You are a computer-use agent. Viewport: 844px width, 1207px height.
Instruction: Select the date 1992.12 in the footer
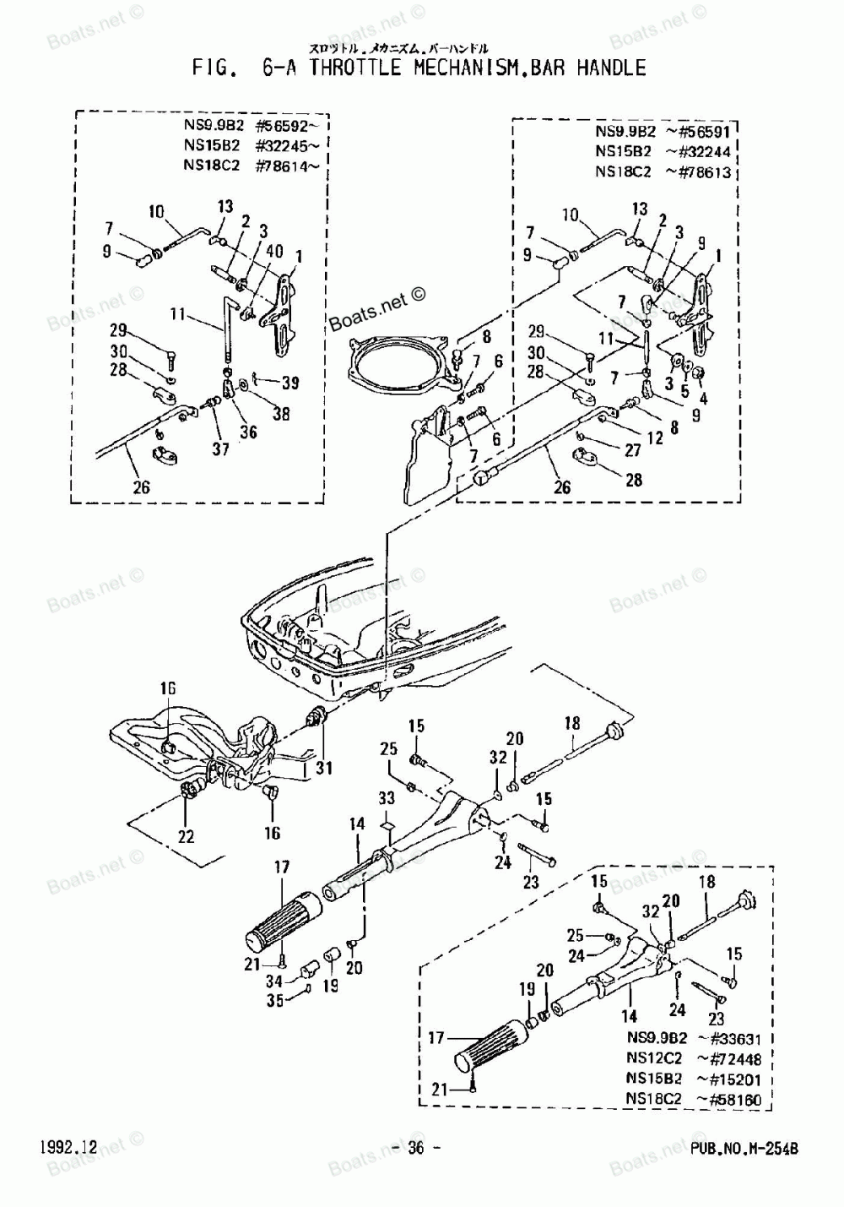68,1147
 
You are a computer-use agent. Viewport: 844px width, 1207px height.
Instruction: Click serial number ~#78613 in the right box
698,172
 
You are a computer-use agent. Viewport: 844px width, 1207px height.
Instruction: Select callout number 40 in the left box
274,251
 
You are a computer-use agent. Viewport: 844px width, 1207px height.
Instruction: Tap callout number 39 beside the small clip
289,383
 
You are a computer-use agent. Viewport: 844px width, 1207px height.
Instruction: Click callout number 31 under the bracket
324,768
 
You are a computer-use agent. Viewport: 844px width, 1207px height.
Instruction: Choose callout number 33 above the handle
387,798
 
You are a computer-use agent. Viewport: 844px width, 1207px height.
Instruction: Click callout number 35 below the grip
274,1002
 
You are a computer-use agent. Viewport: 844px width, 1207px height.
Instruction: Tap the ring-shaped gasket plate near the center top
397,366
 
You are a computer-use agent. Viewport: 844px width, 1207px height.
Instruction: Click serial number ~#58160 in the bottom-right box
733,1100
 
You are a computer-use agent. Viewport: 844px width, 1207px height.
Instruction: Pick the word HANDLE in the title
612,68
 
